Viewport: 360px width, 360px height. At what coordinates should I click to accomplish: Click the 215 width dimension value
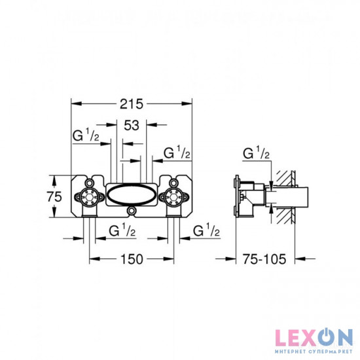132,104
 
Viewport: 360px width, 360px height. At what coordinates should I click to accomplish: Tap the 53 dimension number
132,126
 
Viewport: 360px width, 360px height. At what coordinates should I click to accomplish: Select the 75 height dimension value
54,196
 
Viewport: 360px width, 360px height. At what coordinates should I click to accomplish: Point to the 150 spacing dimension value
132,259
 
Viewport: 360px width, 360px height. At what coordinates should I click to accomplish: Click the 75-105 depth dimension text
264,259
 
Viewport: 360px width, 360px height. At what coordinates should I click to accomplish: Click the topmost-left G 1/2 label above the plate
86,135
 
